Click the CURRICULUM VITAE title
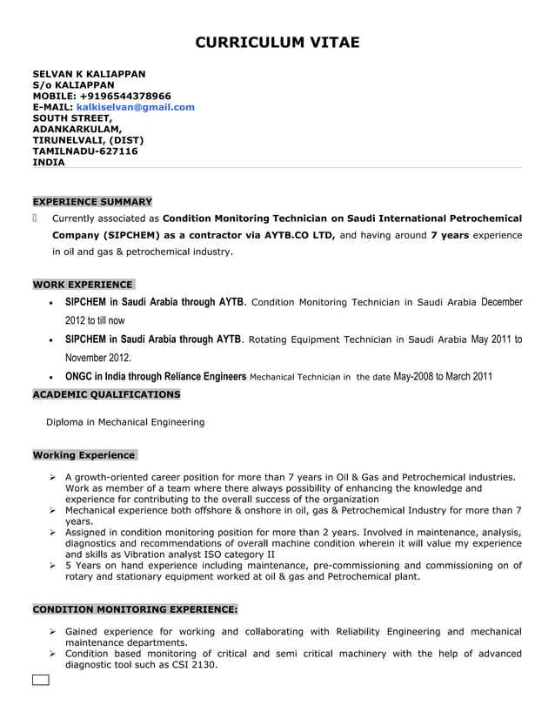(277, 43)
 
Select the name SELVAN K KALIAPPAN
(89, 74)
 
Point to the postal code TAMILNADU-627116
(84, 151)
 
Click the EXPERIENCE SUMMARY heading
(92, 201)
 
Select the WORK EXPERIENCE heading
(83, 285)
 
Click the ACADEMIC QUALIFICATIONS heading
(106, 394)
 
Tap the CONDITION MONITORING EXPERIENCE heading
(135, 609)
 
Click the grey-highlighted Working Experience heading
(84, 454)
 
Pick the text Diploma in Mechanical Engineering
(125, 422)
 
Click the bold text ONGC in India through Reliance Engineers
(156, 377)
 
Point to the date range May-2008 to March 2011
(443, 377)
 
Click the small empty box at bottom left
(41, 680)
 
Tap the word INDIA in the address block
(49, 162)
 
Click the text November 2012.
(98, 358)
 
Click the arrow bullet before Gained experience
(53, 632)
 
